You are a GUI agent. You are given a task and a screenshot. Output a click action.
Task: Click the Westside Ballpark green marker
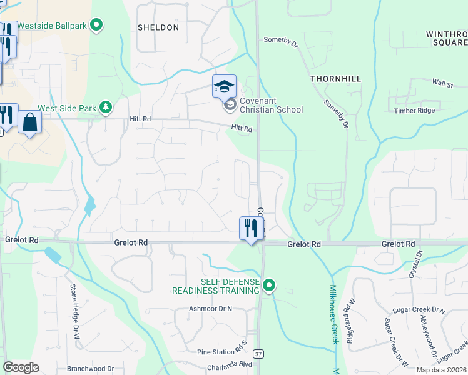click(96, 26)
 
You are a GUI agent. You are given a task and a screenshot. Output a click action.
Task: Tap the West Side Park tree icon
click(106, 107)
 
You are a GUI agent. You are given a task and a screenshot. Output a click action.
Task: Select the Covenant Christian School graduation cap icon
click(224, 86)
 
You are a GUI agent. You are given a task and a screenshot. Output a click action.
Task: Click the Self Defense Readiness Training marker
click(269, 286)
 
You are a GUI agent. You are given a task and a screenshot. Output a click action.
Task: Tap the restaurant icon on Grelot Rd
click(250, 228)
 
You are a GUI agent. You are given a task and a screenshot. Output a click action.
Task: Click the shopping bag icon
click(29, 122)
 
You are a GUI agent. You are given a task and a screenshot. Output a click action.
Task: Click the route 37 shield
click(259, 354)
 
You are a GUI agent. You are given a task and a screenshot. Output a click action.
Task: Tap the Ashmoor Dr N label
click(210, 309)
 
